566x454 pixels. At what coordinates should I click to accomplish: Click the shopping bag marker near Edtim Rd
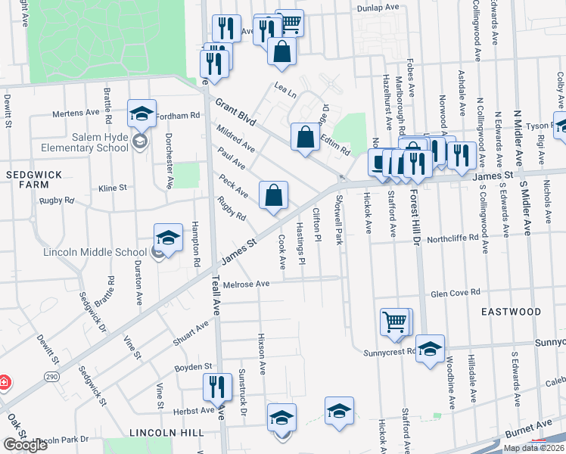click(305, 138)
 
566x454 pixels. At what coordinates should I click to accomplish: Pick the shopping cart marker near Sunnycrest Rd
click(395, 322)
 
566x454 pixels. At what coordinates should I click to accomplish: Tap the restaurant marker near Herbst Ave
click(217, 387)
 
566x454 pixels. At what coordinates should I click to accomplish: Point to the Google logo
click(25, 444)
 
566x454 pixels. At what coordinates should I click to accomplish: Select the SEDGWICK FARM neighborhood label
click(27, 179)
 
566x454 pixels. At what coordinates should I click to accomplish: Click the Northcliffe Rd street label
click(452, 237)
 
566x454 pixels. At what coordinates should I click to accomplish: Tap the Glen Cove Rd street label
click(456, 292)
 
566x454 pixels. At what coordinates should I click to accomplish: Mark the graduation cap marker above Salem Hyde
click(141, 113)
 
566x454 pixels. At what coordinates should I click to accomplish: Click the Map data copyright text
click(533, 448)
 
